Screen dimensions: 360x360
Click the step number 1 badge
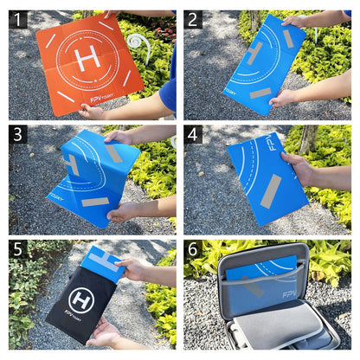pos(18,19)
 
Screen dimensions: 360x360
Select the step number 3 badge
pos(18,134)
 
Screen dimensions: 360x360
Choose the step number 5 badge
pos(18,250)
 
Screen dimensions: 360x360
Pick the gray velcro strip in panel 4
pos(270,190)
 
